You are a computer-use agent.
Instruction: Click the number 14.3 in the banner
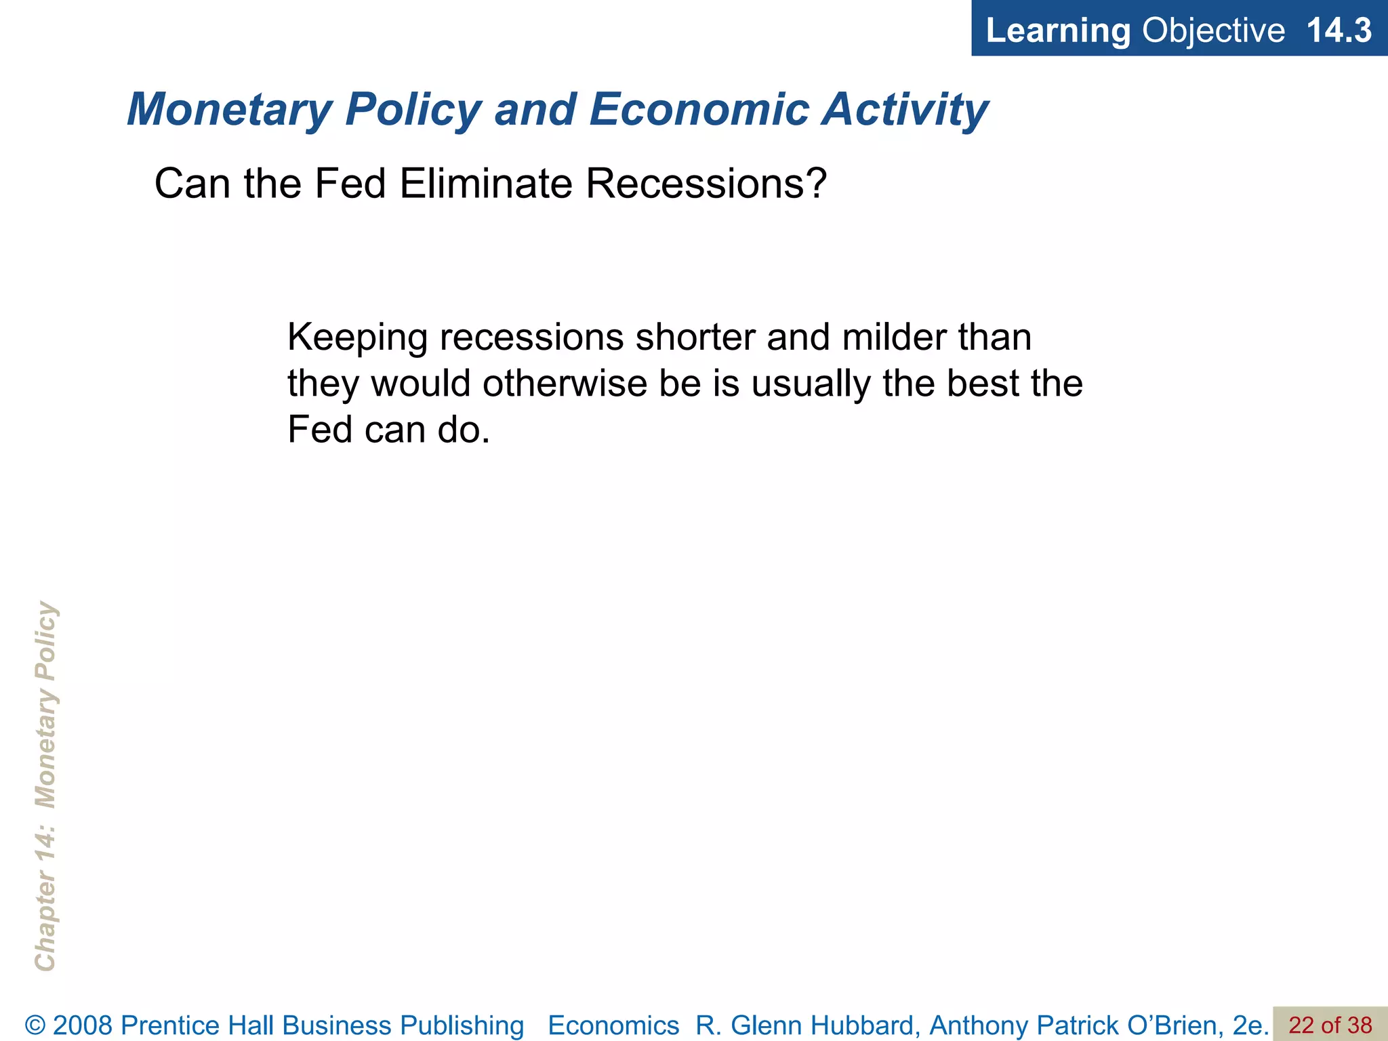tap(1338, 30)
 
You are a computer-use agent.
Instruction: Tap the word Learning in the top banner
tap(1057, 30)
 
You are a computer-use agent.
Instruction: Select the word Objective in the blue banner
tap(1213, 30)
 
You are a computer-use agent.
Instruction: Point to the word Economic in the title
tap(699, 110)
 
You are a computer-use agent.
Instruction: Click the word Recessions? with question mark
tap(706, 184)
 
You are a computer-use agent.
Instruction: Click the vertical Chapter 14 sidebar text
tap(45, 786)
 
